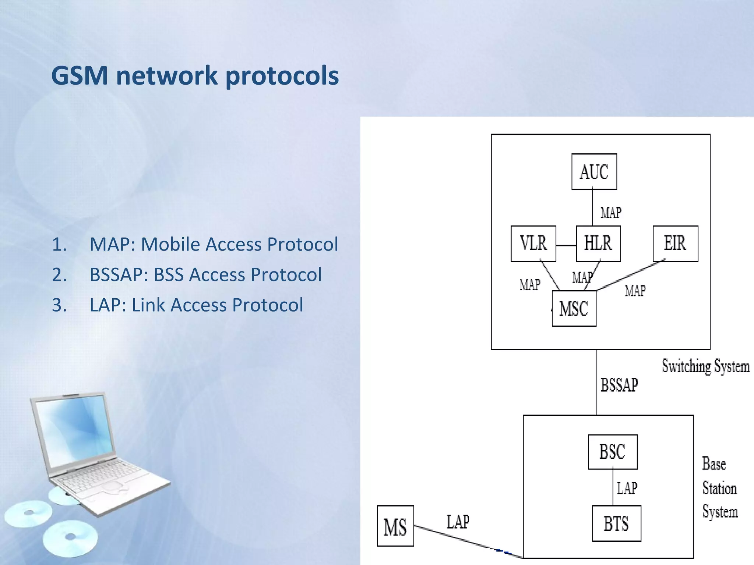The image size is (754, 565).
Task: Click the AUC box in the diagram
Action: point(594,171)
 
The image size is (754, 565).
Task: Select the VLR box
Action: point(533,244)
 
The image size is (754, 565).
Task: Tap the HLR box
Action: point(598,244)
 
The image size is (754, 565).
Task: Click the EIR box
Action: point(675,244)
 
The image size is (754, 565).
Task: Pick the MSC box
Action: point(574,308)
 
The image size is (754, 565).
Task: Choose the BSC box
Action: point(613,452)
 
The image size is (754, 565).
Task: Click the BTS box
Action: point(616,523)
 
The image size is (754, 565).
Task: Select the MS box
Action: point(395,526)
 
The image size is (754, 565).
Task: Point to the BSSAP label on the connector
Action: point(619,385)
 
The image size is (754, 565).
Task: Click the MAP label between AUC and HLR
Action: point(611,213)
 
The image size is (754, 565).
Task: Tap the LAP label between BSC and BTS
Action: point(627,488)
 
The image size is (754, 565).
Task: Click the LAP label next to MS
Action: point(458,522)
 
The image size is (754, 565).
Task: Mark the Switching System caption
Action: point(705,366)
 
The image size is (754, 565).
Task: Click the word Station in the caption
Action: point(719,488)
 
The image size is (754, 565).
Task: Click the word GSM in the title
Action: point(80,75)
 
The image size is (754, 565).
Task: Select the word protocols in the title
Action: point(282,75)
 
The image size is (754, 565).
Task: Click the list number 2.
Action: point(59,275)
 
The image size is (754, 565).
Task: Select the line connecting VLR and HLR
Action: point(566,245)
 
